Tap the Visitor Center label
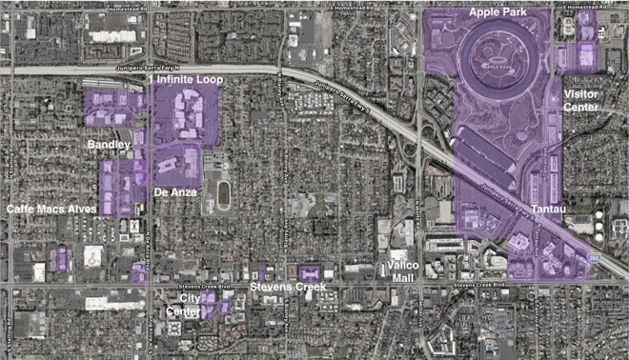click(x=580, y=100)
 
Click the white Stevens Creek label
click(x=287, y=286)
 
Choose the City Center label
click(x=183, y=305)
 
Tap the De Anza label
click(x=175, y=191)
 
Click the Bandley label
click(x=108, y=144)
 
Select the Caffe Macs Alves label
click(x=51, y=208)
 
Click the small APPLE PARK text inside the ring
click(x=498, y=69)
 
